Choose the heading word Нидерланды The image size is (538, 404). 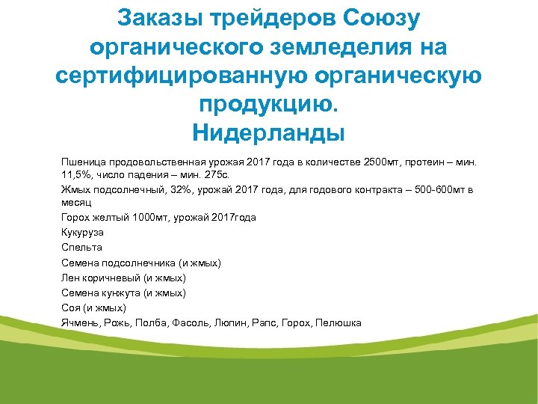click(x=269, y=134)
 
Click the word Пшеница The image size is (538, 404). click(x=83, y=162)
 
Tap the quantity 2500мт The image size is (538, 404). click(x=383, y=162)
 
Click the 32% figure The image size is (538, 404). click(x=180, y=189)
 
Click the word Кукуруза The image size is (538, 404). click(x=83, y=233)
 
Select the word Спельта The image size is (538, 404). click(x=81, y=248)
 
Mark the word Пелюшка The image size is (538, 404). click(x=338, y=323)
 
